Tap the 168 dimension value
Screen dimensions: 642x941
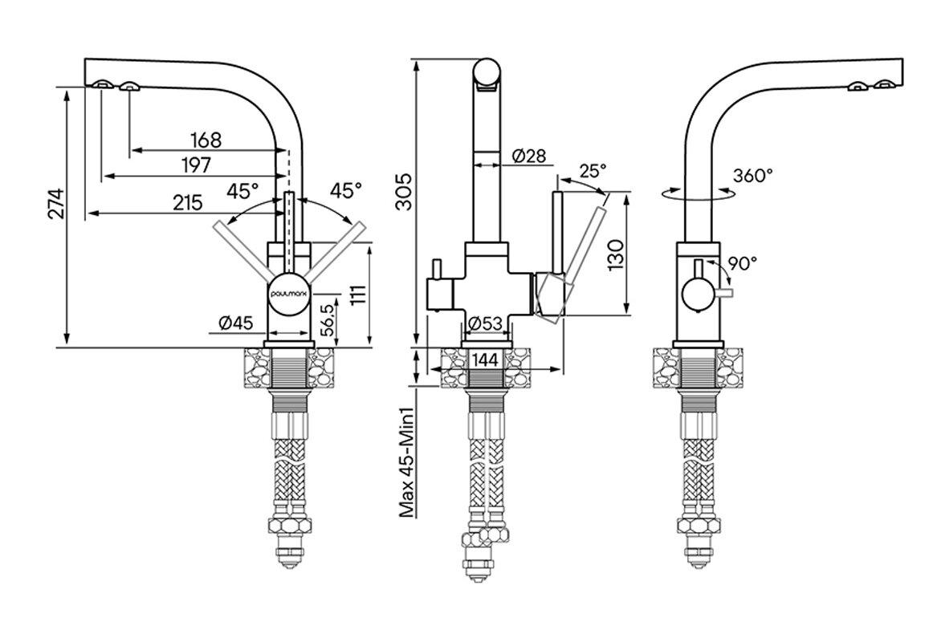pyautogui.click(x=206, y=140)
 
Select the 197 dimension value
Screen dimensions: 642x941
pyautogui.click(x=195, y=165)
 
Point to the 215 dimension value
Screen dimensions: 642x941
pyautogui.click(x=187, y=203)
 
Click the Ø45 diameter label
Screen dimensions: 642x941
pyautogui.click(x=235, y=323)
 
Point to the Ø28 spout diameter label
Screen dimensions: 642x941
pyautogui.click(x=528, y=156)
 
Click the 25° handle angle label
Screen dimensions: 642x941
pyautogui.click(x=593, y=171)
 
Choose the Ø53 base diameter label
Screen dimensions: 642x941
pyautogui.click(x=485, y=323)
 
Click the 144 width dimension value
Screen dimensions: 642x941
pyautogui.click(x=485, y=360)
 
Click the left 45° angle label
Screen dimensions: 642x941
pyautogui.click(x=242, y=190)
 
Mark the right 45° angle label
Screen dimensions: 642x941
pyautogui.click(x=347, y=190)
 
